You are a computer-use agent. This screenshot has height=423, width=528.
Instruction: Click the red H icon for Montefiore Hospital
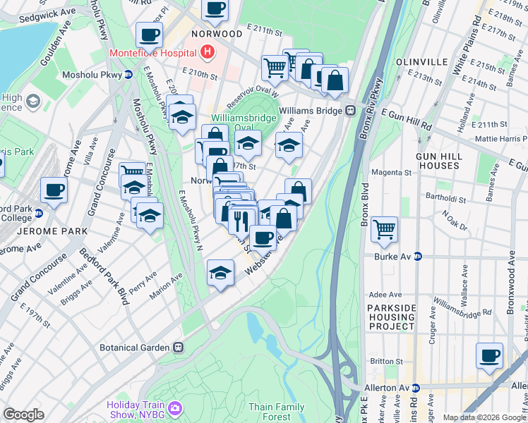click(x=208, y=51)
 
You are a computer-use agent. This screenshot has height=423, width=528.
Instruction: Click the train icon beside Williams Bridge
click(x=350, y=111)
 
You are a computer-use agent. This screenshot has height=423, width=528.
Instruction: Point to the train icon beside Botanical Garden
click(x=179, y=348)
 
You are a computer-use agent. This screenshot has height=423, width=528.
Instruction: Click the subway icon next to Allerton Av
click(x=415, y=388)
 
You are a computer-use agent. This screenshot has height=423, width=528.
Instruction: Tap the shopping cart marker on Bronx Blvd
click(x=384, y=228)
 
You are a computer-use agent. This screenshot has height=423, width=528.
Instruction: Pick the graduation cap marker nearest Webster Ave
click(x=221, y=272)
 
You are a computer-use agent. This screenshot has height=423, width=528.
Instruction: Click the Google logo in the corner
click(x=23, y=415)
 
